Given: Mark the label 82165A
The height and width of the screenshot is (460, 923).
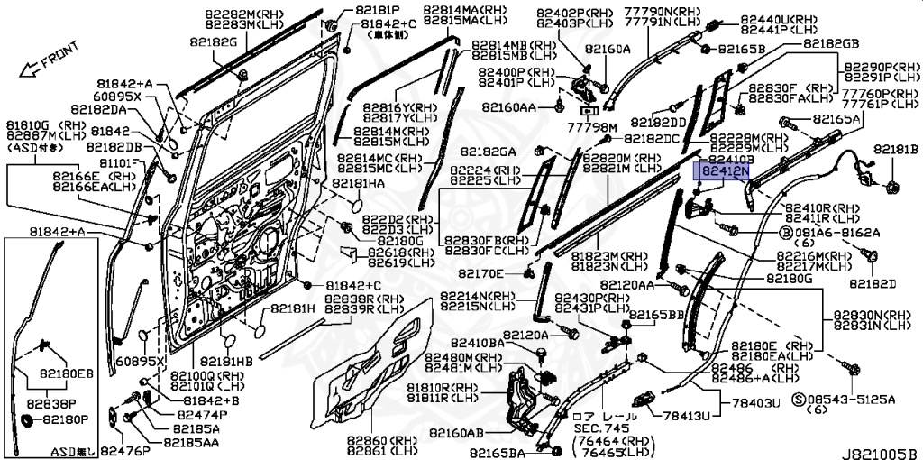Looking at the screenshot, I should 836,118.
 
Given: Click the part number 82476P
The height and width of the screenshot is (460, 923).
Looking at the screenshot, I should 124,449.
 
